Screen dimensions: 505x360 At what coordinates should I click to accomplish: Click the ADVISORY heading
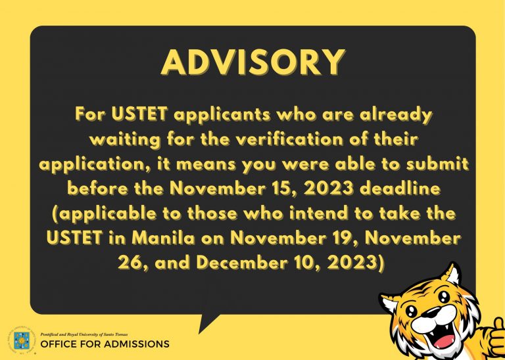[x=253, y=62]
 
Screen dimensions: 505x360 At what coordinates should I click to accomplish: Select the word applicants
[x=222, y=115]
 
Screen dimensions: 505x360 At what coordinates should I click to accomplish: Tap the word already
[x=395, y=115]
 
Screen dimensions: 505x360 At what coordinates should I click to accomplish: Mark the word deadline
[x=400, y=188]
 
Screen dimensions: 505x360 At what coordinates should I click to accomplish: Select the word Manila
[x=164, y=238]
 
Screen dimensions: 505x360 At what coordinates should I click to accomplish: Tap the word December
[x=242, y=263]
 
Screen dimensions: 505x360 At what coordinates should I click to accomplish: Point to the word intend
[x=318, y=214]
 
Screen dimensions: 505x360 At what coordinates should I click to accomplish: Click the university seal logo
[x=22, y=341]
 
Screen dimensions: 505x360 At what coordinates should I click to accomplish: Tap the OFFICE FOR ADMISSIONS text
[x=105, y=344]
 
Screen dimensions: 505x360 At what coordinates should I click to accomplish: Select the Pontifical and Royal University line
[x=84, y=334]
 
